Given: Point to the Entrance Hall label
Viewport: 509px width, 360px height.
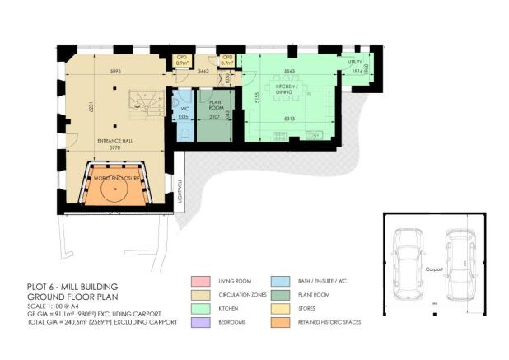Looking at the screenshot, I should pos(116,141).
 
